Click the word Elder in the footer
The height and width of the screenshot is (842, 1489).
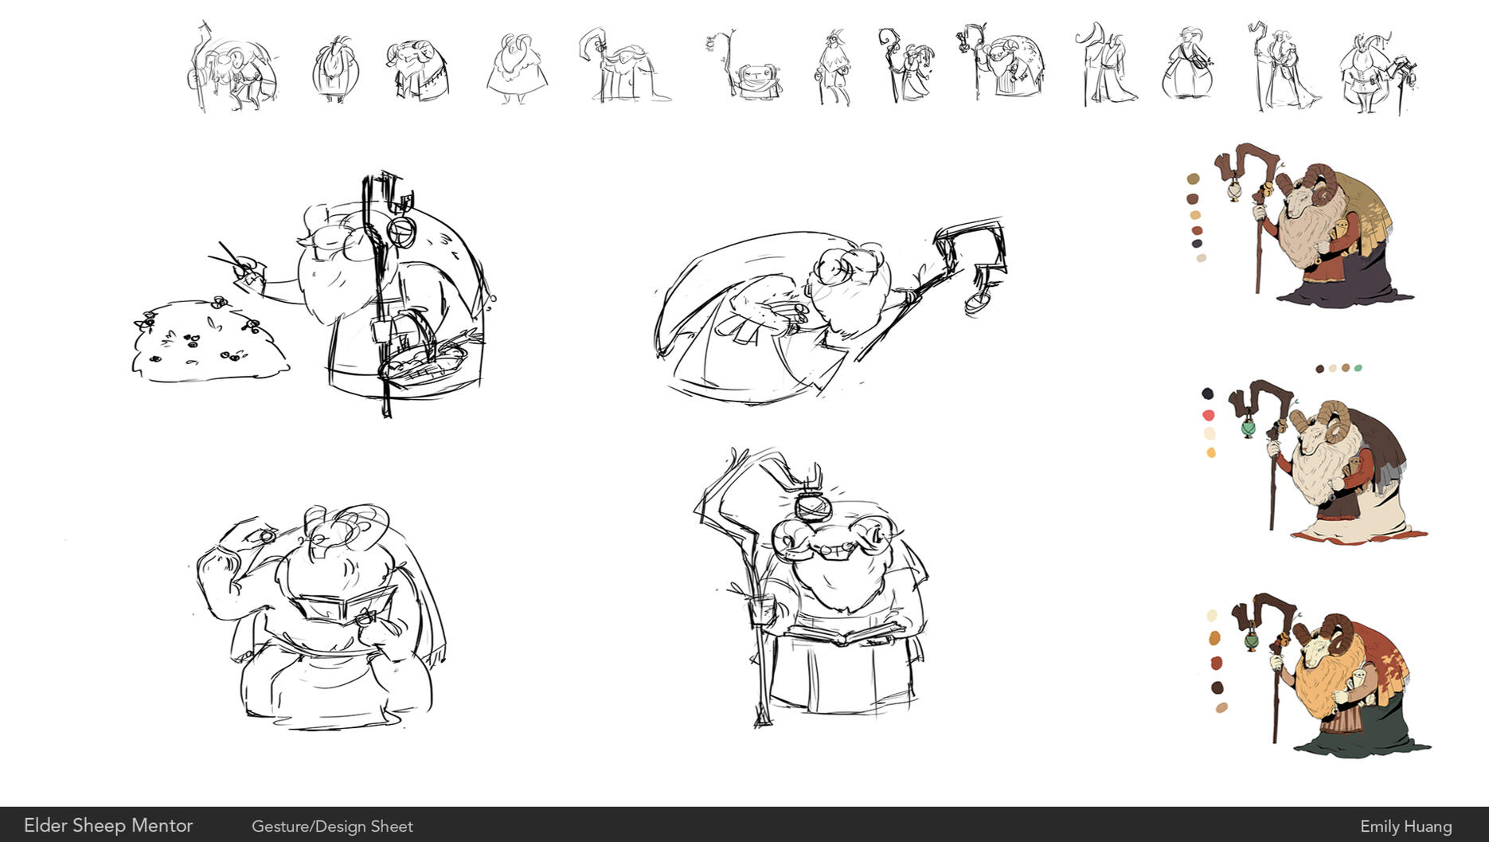tap(45, 825)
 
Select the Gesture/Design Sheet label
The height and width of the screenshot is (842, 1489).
tap(332, 827)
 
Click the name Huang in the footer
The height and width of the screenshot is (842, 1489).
tap(1428, 827)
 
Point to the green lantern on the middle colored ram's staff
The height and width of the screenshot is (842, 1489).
tap(1248, 429)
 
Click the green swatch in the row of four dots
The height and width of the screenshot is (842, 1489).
tap(1358, 368)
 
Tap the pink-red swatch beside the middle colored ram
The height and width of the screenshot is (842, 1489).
tap(1209, 415)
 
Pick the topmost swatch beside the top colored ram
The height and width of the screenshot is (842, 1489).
tap(1193, 179)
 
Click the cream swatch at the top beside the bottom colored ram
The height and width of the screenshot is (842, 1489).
tap(1212, 616)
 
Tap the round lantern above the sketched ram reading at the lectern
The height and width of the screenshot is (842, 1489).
tap(812, 506)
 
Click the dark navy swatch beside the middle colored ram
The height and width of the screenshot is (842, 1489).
tap(1207, 394)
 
